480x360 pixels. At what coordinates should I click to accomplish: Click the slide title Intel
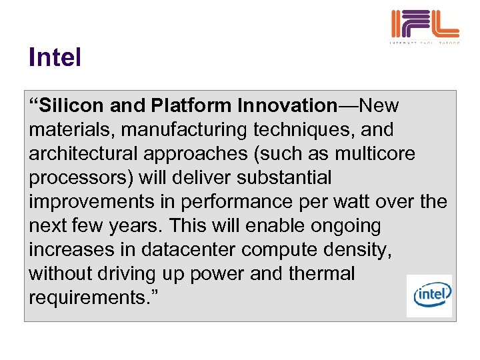(55, 57)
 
